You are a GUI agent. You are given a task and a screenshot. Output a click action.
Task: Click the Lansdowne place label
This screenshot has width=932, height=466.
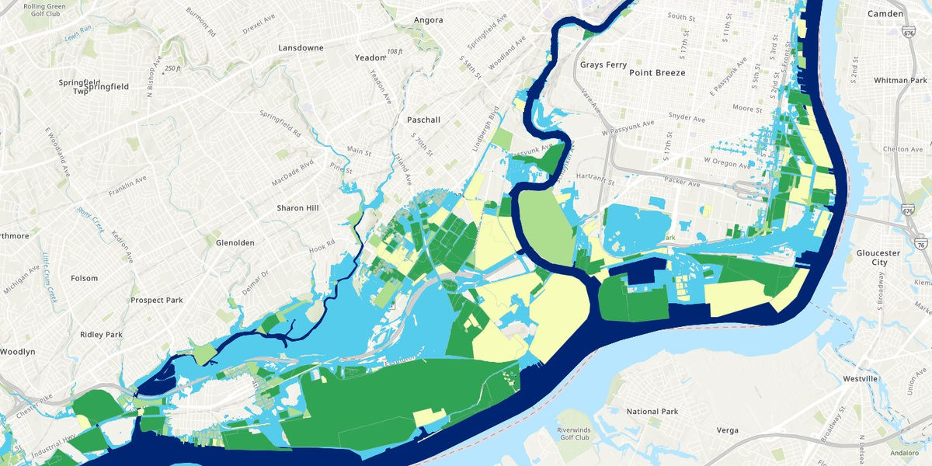301,47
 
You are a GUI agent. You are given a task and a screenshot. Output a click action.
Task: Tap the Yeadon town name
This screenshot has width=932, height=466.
370,57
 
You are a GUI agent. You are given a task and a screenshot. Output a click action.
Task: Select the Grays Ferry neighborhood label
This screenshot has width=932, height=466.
603,64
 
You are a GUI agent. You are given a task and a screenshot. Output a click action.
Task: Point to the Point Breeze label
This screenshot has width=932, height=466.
657,72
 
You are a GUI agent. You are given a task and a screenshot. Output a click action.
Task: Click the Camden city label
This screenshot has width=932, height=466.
885,14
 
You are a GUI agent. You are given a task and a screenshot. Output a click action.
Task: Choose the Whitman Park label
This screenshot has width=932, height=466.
900,80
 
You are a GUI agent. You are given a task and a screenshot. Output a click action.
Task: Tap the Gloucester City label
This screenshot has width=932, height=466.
877,258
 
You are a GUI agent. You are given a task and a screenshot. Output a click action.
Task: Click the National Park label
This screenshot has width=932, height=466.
652,412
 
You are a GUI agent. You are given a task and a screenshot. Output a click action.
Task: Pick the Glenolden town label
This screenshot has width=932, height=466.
235,242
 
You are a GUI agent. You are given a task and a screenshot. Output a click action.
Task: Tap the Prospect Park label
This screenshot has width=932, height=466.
156,300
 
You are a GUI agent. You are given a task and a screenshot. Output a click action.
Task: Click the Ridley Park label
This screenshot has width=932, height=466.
101,335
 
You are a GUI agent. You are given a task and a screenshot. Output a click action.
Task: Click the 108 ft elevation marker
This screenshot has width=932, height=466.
395,51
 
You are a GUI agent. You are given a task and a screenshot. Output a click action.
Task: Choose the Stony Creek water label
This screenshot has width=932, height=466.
90,217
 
